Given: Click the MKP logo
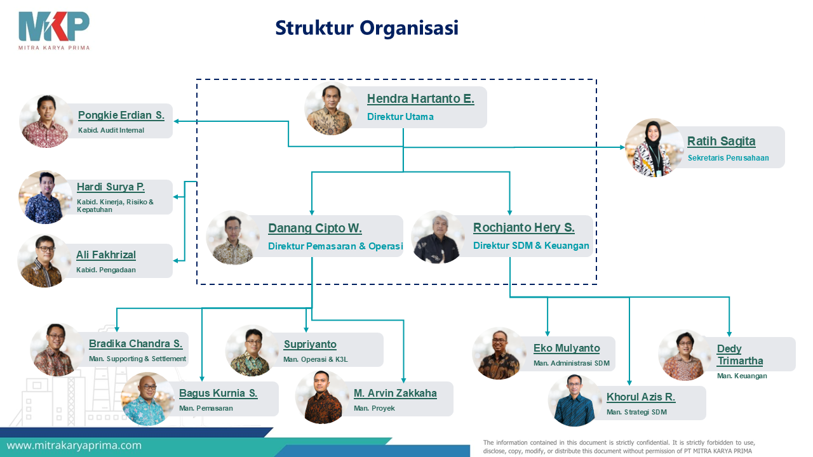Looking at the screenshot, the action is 54,31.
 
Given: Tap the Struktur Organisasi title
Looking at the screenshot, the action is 367,29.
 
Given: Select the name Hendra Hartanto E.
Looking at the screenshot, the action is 420,98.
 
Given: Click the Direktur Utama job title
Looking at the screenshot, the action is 400,117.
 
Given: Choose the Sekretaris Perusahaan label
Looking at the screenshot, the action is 728,158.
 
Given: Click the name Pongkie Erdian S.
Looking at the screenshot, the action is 121,116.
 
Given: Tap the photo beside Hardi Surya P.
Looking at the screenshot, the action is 45,197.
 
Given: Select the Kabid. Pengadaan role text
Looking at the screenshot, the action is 106,270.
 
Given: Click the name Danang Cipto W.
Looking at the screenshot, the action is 315,228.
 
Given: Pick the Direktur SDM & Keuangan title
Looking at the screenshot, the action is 531,246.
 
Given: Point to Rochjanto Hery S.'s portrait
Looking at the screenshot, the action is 438,237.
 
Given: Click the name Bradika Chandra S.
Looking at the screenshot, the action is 136,343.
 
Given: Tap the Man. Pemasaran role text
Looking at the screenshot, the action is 206,408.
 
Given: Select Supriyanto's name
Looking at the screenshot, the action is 310,344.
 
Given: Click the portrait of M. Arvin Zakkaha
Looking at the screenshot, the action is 322,397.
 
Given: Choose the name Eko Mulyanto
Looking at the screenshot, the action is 567,348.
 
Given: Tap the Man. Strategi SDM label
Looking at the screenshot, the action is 636,412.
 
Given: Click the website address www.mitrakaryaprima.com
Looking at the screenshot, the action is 74,446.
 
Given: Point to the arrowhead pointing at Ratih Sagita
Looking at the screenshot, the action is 622,147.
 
